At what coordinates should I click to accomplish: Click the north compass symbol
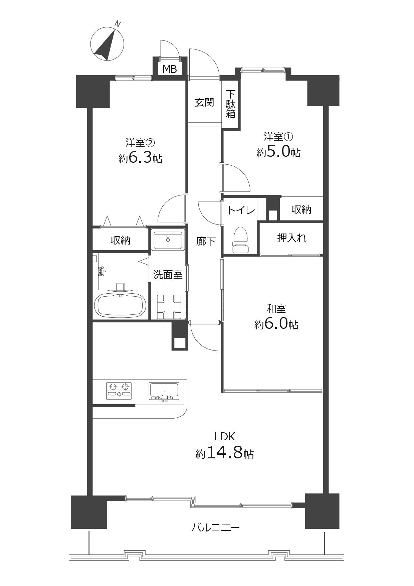coord(107,44)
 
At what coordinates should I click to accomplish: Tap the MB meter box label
coord(170,69)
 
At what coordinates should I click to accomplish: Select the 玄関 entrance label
coord(204,102)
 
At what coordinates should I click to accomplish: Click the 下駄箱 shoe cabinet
coord(231,104)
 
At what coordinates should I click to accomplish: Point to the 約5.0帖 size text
coord(278,152)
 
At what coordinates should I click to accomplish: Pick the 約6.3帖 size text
coord(140,158)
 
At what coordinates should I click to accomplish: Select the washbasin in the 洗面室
coord(168,240)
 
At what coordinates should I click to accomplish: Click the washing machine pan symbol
coord(169,306)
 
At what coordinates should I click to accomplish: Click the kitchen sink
coord(164,391)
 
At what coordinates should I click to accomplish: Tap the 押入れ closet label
coord(292,238)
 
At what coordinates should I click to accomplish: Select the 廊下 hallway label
coord(206,241)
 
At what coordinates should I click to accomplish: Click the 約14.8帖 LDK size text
coord(224,453)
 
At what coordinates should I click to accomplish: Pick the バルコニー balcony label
coord(216,528)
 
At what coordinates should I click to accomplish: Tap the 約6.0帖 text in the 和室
coord(276,324)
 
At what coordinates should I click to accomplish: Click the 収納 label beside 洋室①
coord(301,209)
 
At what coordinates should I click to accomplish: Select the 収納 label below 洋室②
coord(121,240)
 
